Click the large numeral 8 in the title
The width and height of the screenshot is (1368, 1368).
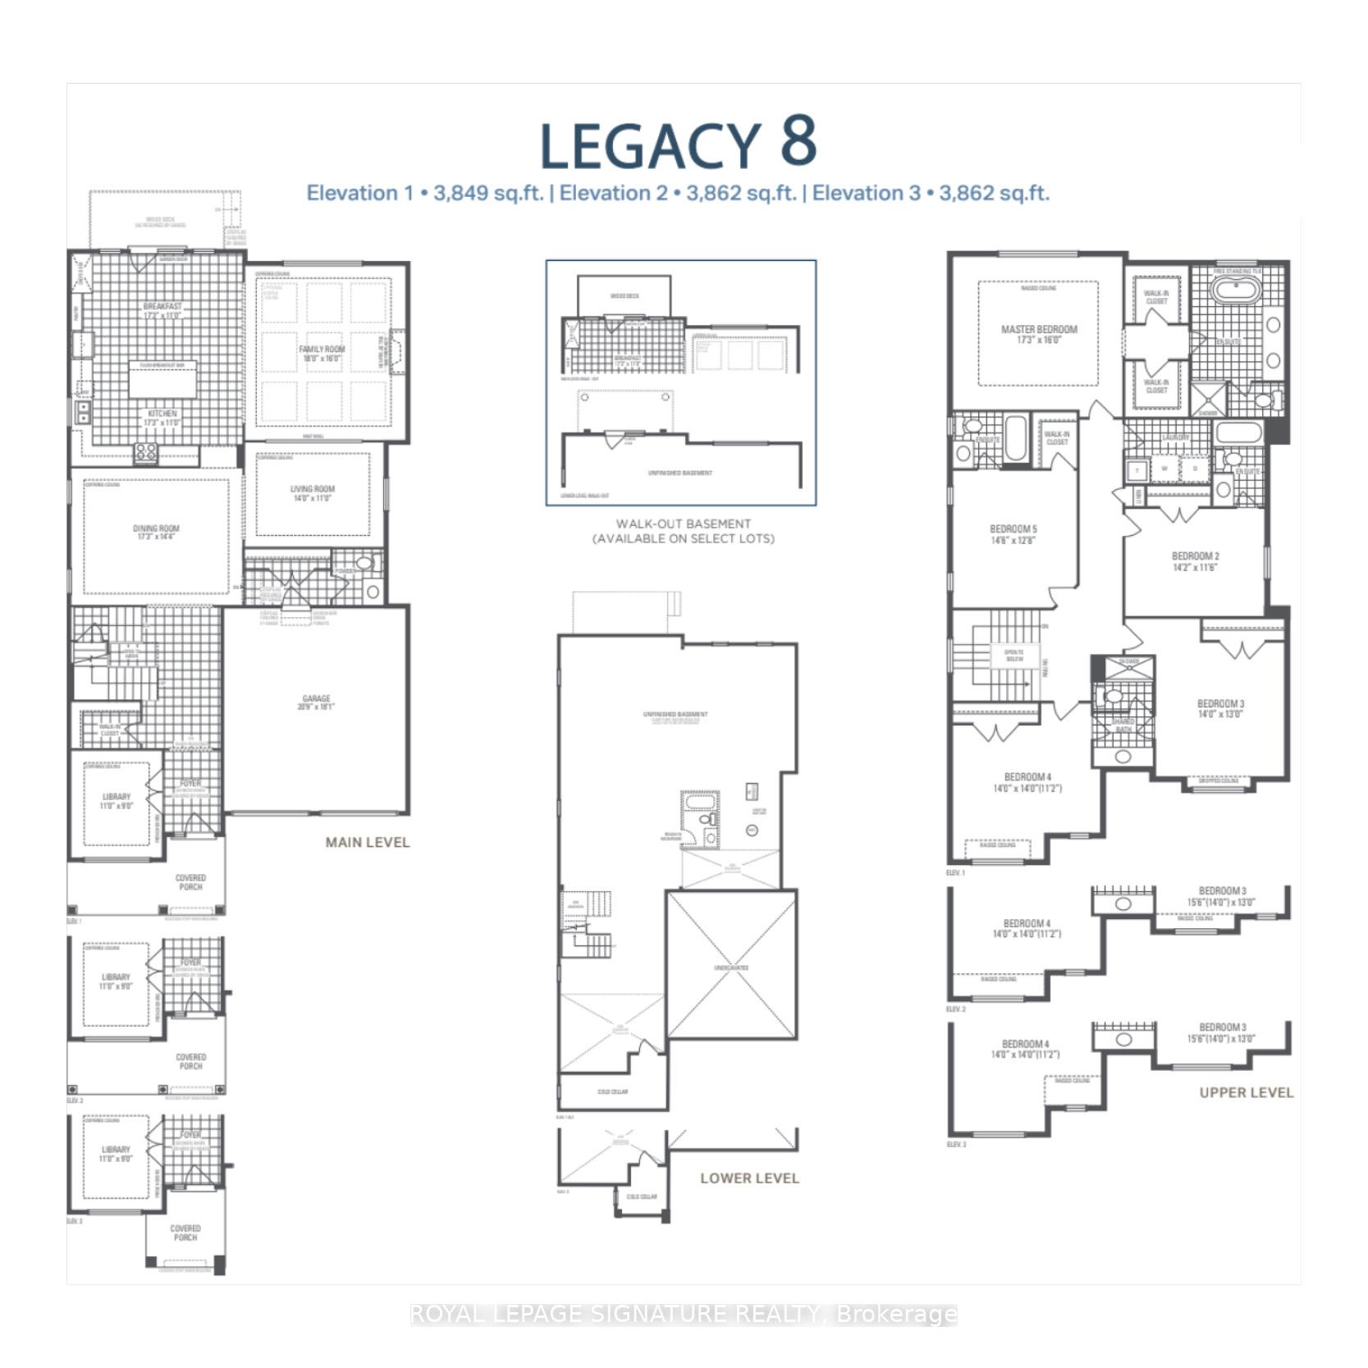pyautogui.click(x=798, y=141)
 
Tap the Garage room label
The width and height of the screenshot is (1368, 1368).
pyautogui.click(x=316, y=702)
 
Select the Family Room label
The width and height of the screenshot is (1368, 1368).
pyautogui.click(x=322, y=354)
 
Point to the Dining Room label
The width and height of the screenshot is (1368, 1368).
pyautogui.click(x=156, y=533)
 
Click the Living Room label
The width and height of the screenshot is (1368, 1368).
pyautogui.click(x=313, y=493)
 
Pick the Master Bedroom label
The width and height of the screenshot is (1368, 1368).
pyautogui.click(x=1039, y=334)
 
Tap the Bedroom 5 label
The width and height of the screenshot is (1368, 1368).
pyautogui.click(x=1013, y=534)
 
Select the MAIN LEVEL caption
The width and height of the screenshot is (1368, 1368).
pyautogui.click(x=367, y=842)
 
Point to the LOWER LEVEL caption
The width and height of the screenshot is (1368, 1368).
pyautogui.click(x=749, y=1178)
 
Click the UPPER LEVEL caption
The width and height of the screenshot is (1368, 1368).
pyautogui.click(x=1246, y=1092)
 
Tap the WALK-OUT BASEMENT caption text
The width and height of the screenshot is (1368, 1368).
pyautogui.click(x=683, y=531)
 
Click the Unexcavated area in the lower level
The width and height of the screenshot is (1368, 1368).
pyautogui.click(x=731, y=968)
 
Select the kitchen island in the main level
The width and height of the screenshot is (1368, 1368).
pyautogui.click(x=162, y=382)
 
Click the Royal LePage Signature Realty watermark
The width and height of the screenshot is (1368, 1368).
pyautogui.click(x=683, y=1314)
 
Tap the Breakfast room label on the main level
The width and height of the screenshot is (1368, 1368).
pyautogui.click(x=162, y=310)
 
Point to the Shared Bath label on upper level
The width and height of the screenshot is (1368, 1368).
pyautogui.click(x=1123, y=725)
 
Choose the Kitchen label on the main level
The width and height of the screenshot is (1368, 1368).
pyautogui.click(x=162, y=418)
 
